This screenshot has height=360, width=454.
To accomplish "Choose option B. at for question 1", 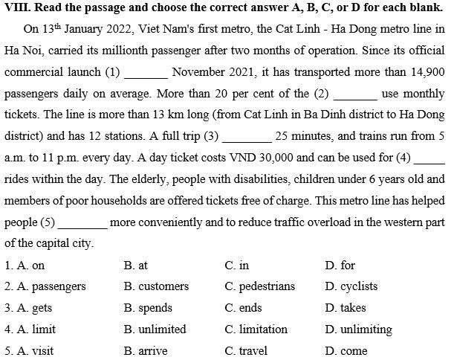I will click(x=136, y=266).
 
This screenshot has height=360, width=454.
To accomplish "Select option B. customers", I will click(x=156, y=286).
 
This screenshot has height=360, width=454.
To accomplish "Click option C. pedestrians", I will click(x=259, y=286).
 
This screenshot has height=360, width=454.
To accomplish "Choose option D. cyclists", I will click(x=351, y=286).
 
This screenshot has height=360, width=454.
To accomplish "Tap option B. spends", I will click(x=148, y=308).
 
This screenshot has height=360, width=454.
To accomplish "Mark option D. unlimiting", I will click(x=358, y=330).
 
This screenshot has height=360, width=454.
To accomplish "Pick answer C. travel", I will click(x=245, y=351).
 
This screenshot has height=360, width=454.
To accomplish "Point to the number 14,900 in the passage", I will click(x=427, y=72).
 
